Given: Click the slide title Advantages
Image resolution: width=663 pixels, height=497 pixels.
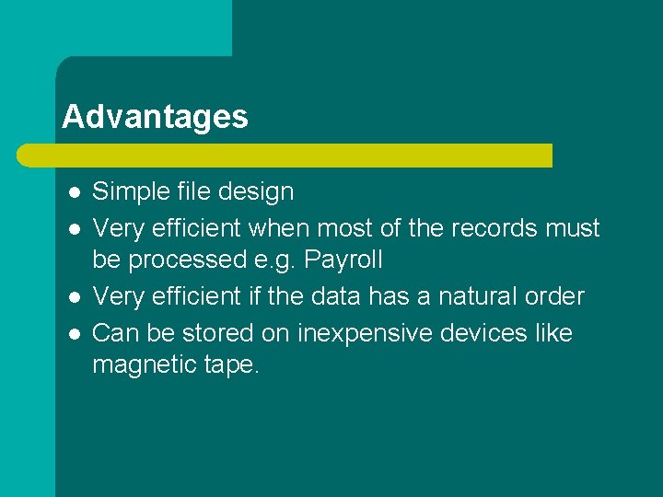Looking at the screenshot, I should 155,117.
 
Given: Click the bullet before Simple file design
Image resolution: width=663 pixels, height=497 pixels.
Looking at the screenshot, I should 74,192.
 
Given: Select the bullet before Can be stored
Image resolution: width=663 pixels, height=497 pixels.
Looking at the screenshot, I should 74,332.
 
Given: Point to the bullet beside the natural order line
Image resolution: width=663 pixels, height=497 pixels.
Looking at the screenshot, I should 74,296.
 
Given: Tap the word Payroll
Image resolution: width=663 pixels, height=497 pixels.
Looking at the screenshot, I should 343,260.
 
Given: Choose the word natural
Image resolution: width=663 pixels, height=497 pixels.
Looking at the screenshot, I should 465,296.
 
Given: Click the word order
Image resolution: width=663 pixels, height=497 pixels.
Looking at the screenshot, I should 553,296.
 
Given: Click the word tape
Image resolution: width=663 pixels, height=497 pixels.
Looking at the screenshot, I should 231,365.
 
